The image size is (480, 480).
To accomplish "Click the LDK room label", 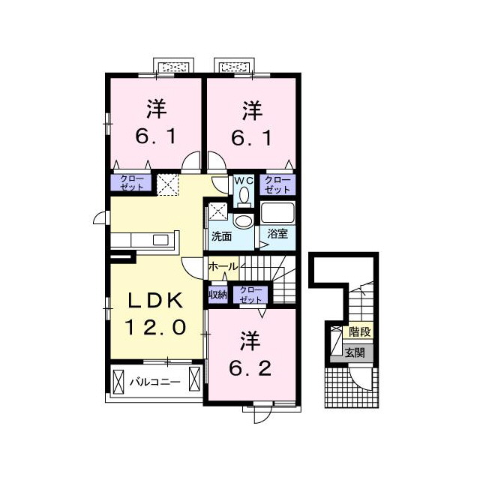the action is coord(156,300).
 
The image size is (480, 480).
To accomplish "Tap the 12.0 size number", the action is coord(155,327).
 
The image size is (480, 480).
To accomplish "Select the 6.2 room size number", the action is coord(250,368).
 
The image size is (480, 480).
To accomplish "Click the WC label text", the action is coord(244,181).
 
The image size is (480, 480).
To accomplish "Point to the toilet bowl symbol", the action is coord(244,196).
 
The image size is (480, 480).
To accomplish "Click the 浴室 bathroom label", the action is coord(277,234).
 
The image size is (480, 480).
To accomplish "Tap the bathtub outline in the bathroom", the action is coord(277,212).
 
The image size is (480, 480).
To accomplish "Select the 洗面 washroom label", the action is coord(221,237).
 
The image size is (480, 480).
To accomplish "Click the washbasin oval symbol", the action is coord(243,221).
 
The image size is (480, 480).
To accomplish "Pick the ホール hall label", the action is coord(223,267).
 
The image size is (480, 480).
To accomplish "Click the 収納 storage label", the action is coord(217,295).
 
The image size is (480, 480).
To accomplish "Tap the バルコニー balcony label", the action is coord(155,382).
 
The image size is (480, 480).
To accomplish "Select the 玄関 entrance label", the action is coord(355,353).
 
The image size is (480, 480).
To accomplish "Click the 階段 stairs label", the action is coord(360,331).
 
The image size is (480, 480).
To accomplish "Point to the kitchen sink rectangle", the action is coord(160,240).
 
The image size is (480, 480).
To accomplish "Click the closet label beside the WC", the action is coord(277,184).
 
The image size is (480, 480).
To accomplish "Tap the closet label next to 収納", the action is coord(250,295).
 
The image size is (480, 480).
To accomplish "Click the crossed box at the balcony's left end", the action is coord(118,382).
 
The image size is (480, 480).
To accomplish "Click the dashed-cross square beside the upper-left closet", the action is coord(167,184).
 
